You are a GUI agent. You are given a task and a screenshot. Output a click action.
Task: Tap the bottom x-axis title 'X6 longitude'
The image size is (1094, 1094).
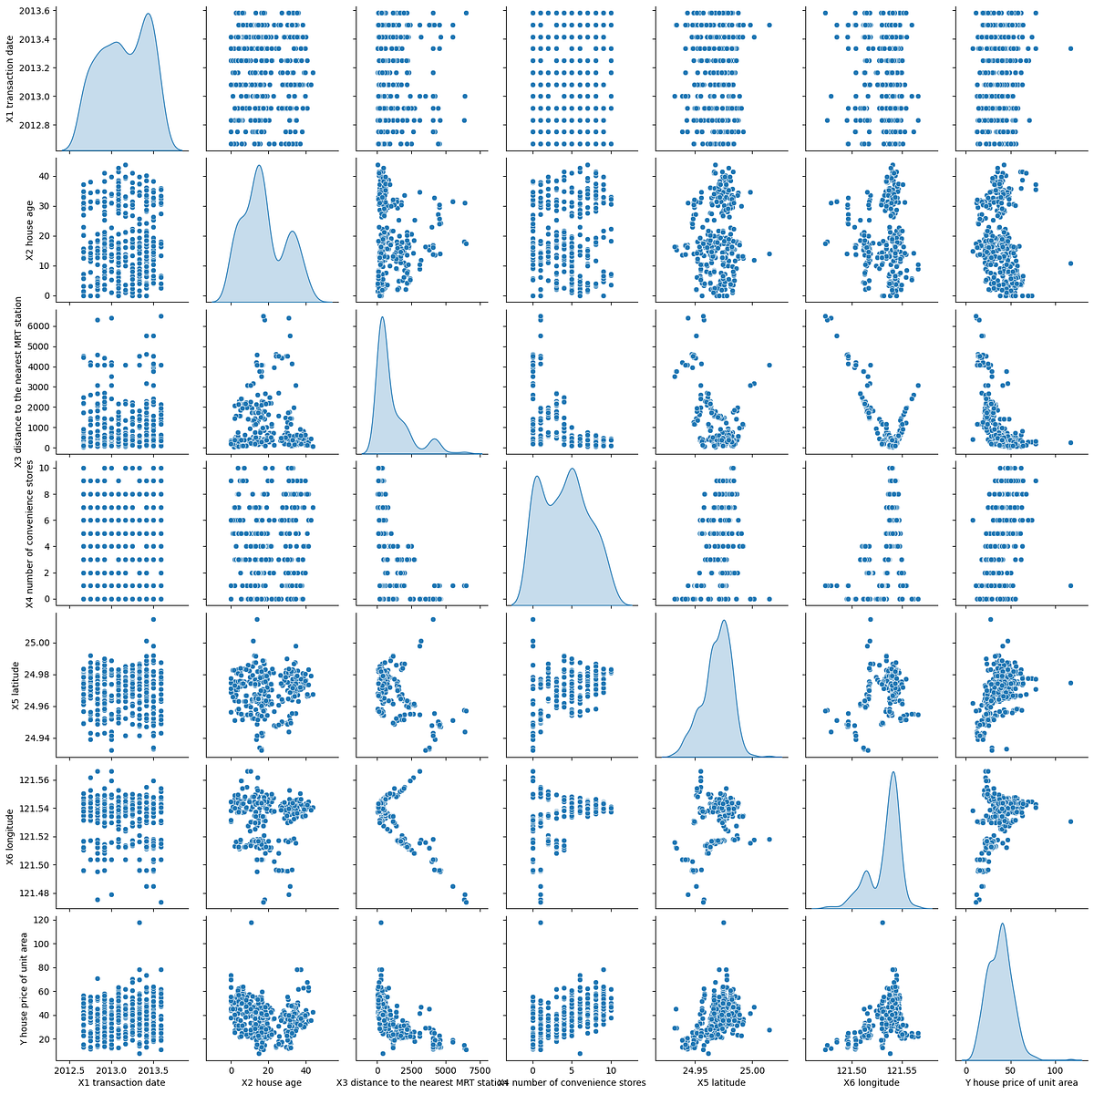[x=869, y=1083]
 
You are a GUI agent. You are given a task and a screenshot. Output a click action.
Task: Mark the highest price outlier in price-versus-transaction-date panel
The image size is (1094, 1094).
[x=139, y=923]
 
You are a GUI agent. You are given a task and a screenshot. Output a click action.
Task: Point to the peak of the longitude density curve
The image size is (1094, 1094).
[x=893, y=772]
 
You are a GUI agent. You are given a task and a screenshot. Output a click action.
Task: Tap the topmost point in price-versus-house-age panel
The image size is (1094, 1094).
[x=252, y=923]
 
